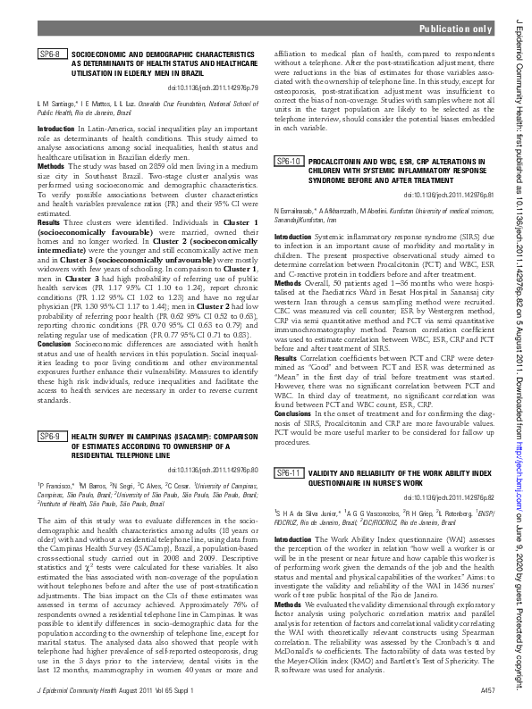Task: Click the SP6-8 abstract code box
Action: (50, 54)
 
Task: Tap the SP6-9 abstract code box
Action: (50, 436)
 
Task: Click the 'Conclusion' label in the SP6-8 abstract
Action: (55, 344)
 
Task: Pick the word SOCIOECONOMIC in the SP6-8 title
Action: (101, 54)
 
